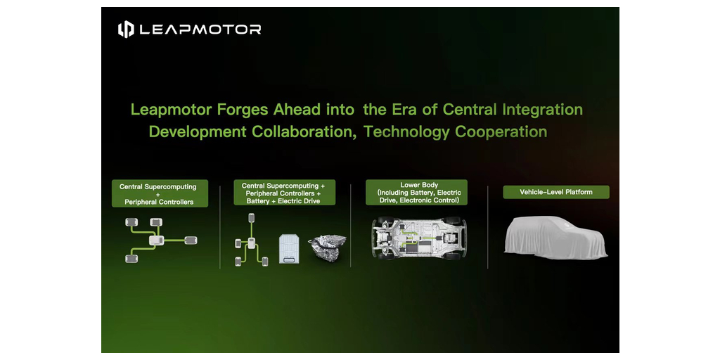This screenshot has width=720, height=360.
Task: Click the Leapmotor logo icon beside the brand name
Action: click(126, 30)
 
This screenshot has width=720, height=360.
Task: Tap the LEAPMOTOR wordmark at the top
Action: click(200, 30)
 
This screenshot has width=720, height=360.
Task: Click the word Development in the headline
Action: click(198, 131)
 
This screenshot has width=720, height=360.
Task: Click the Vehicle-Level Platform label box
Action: click(556, 192)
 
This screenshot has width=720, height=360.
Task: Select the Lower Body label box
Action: click(416, 193)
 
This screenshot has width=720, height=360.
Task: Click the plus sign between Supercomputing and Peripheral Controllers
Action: click(159, 194)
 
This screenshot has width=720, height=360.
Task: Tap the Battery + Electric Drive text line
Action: click(283, 201)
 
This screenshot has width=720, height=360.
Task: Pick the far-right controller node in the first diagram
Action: click(191, 240)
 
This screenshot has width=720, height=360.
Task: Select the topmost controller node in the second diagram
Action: click(251, 218)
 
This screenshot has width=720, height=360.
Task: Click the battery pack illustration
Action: click(289, 248)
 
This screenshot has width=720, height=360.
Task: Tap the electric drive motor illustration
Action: click(327, 247)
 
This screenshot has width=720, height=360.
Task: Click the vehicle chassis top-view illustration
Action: click(418, 238)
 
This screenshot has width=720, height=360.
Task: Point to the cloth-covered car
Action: click(555, 237)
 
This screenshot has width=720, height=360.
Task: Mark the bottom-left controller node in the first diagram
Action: click(131, 259)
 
